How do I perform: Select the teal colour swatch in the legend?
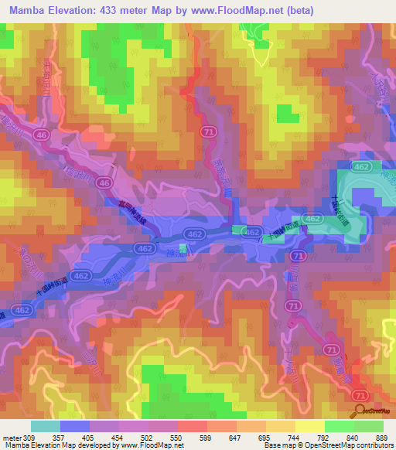(x=45, y=426)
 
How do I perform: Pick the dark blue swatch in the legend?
(x=75, y=426)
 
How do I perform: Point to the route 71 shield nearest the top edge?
(x=208, y=132)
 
